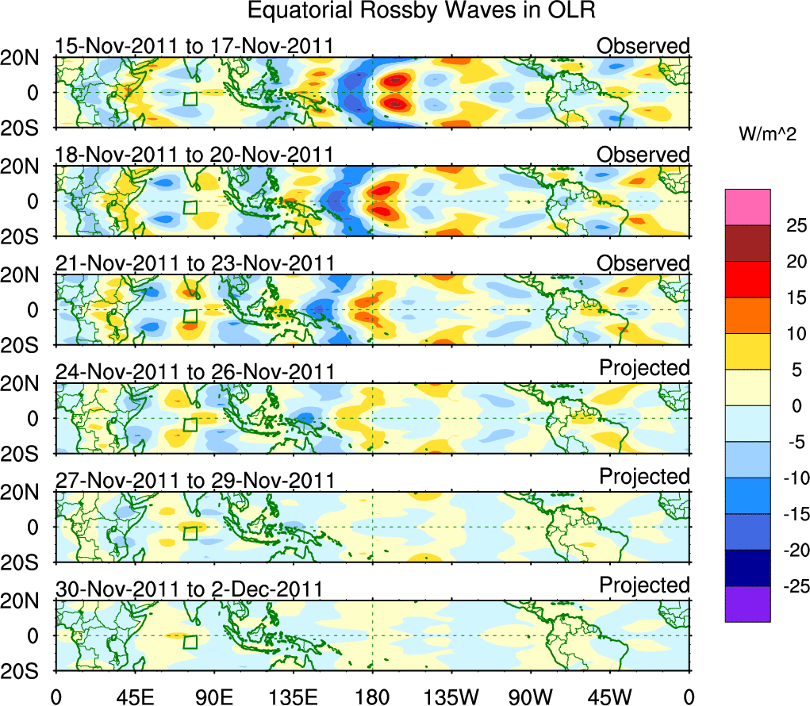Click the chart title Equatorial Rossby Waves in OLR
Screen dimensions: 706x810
tap(420, 11)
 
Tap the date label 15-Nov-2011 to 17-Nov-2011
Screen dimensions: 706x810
tap(194, 46)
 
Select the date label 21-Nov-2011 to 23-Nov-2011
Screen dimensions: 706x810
tap(194, 263)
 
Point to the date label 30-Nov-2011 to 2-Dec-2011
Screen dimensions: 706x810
tap(189, 589)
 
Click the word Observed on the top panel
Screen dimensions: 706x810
tap(643, 46)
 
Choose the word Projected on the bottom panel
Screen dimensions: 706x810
tap(644, 585)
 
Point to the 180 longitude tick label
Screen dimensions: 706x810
tap(372, 696)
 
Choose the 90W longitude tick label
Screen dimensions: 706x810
tap(531, 696)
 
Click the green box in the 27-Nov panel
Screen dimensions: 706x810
tap(190, 532)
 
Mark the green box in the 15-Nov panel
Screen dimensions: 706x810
tap(190, 98)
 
